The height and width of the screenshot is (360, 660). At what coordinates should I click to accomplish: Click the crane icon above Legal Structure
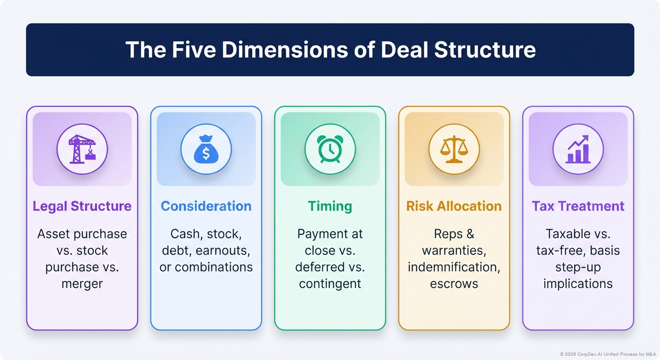82,149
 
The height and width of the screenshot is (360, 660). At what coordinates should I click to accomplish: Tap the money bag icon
206,149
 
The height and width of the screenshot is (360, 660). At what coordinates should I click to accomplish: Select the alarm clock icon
330,149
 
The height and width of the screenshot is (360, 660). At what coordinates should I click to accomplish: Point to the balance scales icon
454,149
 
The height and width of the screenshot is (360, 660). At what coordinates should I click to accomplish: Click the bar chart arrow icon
578,149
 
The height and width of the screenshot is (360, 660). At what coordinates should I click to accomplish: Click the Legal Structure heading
82,206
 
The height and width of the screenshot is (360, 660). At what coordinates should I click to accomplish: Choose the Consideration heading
206,206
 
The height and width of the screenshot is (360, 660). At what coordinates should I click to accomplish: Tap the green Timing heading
330,206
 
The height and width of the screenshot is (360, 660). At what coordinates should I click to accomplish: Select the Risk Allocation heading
454,206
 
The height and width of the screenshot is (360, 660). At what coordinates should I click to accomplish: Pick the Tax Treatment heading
578,206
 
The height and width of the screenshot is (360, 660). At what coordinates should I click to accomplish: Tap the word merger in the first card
82,284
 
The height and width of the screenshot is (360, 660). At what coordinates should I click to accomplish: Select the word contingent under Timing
330,284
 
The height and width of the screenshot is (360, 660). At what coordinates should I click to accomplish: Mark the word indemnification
454,267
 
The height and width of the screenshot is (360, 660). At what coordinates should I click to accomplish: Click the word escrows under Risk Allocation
454,284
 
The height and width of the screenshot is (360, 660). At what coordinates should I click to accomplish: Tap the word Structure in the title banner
485,50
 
